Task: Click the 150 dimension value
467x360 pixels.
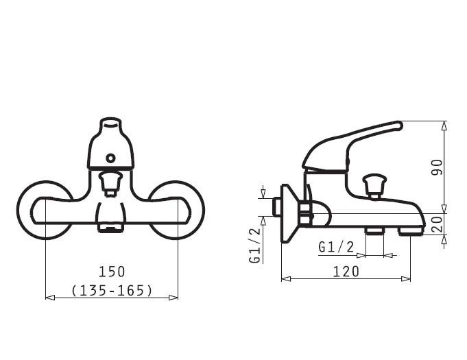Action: (112, 272)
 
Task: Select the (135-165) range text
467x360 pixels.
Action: (112, 290)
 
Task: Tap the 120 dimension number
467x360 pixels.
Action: (346, 272)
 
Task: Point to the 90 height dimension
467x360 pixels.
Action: (437, 167)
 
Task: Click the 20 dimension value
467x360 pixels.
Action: (437, 224)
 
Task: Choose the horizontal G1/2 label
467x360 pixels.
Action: (336, 247)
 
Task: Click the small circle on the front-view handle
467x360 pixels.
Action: (110, 158)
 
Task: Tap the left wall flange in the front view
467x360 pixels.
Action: (45, 210)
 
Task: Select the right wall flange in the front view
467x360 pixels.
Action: (176, 210)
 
